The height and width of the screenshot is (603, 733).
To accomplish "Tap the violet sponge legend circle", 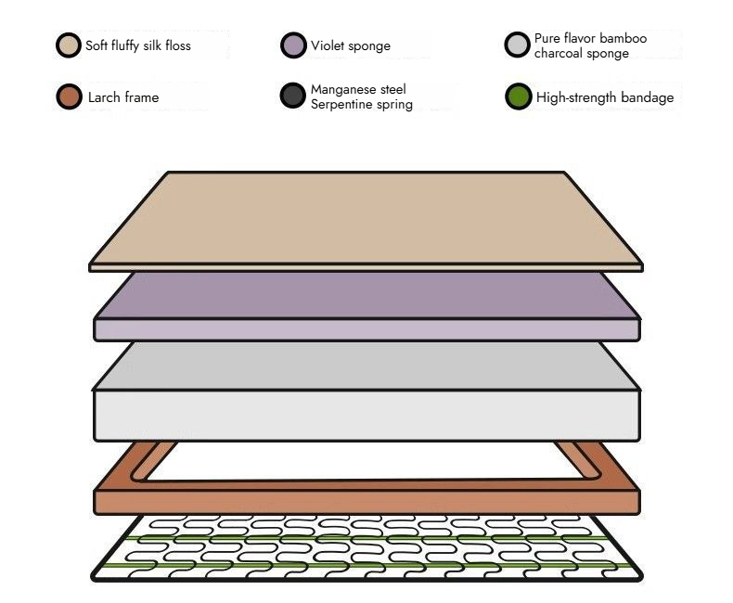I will click(x=293, y=45).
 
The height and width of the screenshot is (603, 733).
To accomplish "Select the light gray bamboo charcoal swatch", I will click(x=517, y=45).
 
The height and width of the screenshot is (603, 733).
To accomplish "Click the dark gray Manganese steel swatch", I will click(x=293, y=96).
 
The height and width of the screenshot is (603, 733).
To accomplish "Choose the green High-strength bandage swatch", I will click(x=517, y=96).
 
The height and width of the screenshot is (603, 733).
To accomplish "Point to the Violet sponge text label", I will click(x=351, y=45).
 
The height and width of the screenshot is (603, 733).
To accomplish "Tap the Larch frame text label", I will click(x=122, y=96).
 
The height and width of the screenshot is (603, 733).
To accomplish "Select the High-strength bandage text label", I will click(x=605, y=96).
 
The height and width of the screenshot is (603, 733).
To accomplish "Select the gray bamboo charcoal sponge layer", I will click(x=366, y=366).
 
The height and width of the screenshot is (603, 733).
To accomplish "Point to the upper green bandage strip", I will click(x=366, y=537).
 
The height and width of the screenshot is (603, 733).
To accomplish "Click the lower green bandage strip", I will click(x=366, y=564).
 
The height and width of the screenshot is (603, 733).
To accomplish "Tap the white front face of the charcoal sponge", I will click(x=366, y=415).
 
